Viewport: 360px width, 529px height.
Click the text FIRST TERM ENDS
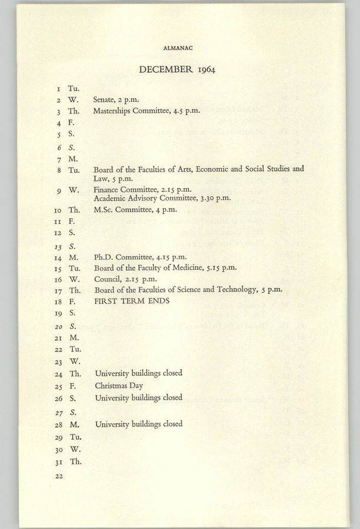pos(132,300)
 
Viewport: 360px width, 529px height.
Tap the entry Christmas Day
pos(115,386)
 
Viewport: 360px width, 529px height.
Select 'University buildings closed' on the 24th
pos(138,373)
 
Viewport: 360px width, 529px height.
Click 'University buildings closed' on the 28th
pos(138,424)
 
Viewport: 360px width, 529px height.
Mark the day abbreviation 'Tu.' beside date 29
pos(75,437)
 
